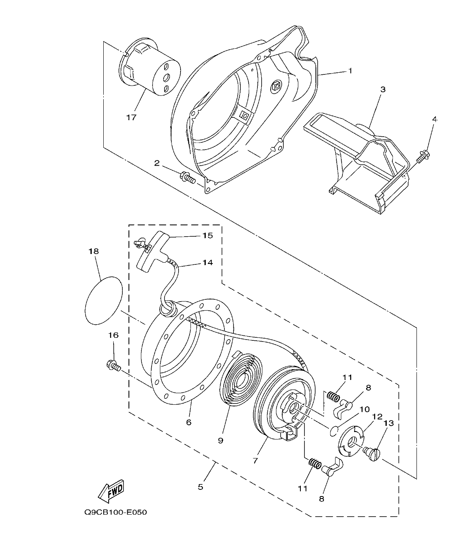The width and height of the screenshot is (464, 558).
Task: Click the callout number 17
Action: (131, 117)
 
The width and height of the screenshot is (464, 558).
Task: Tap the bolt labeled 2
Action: (187, 178)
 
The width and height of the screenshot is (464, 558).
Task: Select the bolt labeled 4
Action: (421, 158)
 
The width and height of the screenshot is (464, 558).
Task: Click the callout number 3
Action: (383, 90)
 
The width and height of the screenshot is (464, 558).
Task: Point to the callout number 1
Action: (350, 71)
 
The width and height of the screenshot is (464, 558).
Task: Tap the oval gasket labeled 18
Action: (104, 300)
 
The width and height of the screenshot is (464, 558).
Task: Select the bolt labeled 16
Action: (113, 365)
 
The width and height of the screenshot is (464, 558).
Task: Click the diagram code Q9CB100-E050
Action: (116, 513)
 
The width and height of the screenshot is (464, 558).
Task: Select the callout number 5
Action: (200, 487)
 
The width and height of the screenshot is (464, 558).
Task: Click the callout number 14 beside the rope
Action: (207, 262)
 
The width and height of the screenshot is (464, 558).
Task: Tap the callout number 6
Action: (189, 422)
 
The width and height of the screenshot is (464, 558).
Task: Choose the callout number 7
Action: (255, 460)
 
